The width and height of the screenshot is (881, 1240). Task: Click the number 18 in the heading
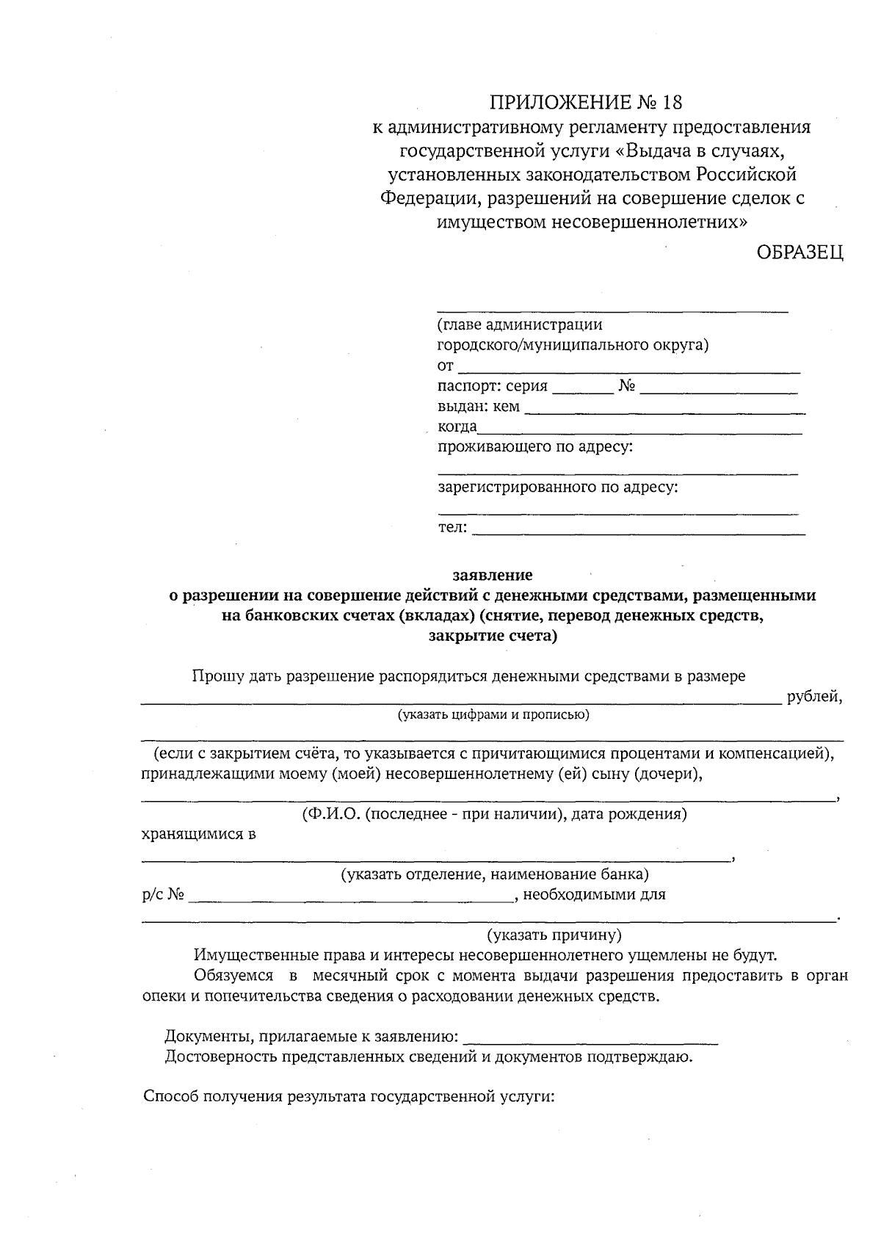tap(672, 101)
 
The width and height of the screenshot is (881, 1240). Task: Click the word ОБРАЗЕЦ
tap(800, 253)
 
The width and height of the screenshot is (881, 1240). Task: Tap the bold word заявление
tap(493, 575)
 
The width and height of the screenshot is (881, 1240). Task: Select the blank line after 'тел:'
tap(639, 528)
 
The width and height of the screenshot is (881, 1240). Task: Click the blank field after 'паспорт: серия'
tap(582, 388)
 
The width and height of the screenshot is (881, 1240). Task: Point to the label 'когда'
tap(457, 427)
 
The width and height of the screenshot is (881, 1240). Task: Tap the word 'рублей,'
tap(814, 697)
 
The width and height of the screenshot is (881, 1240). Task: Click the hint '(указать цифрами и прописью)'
tap(493, 714)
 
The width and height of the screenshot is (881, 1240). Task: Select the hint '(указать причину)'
tap(554, 935)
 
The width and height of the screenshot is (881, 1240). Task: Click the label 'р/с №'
tap(163, 895)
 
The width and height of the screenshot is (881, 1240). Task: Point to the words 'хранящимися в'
tap(198, 835)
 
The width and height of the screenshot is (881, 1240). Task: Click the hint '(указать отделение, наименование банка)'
tap(493, 874)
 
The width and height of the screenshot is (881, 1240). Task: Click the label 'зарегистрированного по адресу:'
tap(558, 487)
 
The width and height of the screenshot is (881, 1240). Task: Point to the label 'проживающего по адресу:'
tap(535, 446)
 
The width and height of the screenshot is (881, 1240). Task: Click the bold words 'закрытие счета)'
tap(493, 636)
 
